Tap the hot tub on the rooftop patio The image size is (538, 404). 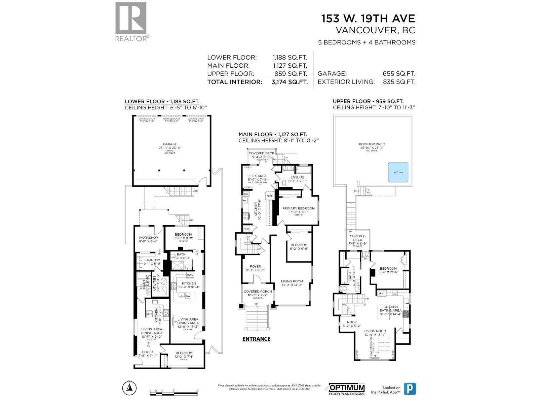[x=398, y=172]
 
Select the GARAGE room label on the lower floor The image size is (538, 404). [x=170, y=144]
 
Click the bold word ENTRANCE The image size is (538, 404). [x=256, y=339]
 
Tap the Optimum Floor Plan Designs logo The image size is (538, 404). [x=347, y=389]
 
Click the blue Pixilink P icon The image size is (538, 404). [x=410, y=389]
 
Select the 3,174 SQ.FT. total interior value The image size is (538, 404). [x=290, y=82]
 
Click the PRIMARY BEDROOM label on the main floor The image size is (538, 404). [x=299, y=208]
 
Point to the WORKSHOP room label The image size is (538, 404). [x=148, y=238]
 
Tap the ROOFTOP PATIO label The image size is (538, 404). [x=372, y=144]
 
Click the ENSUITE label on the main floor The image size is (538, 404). [x=297, y=177]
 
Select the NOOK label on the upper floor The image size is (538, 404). [x=352, y=322]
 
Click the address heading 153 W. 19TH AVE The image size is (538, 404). [x=368, y=18]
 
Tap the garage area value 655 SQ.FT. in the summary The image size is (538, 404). [x=399, y=74]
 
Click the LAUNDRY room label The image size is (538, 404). [x=152, y=260]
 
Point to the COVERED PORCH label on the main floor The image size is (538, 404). [x=258, y=292]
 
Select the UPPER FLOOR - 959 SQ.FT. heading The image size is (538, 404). [x=368, y=101]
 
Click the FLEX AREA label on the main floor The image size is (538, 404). [x=257, y=176]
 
